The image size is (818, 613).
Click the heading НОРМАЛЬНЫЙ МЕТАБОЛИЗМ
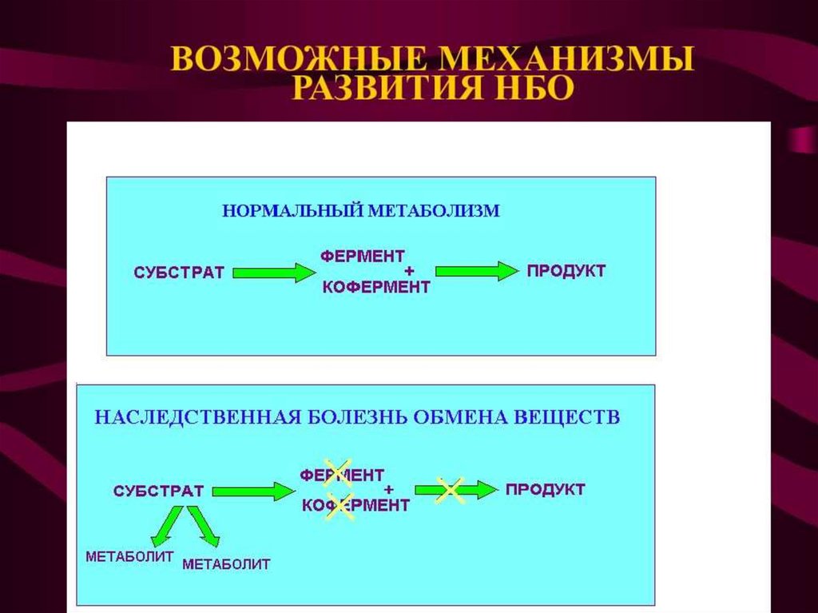(360, 211)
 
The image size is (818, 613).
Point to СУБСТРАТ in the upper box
(179, 273)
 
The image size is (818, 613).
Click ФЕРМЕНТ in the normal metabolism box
(363, 256)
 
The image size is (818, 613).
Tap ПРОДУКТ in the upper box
(566, 271)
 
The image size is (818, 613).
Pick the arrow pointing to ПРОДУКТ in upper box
(477, 272)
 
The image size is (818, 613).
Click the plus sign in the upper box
(409, 272)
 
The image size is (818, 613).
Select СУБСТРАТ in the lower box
(158, 491)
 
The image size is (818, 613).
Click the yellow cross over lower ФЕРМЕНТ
(339, 473)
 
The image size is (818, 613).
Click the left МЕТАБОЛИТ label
(129, 556)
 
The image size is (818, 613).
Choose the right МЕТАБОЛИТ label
(226, 564)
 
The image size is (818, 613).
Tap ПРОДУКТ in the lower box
(545, 489)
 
